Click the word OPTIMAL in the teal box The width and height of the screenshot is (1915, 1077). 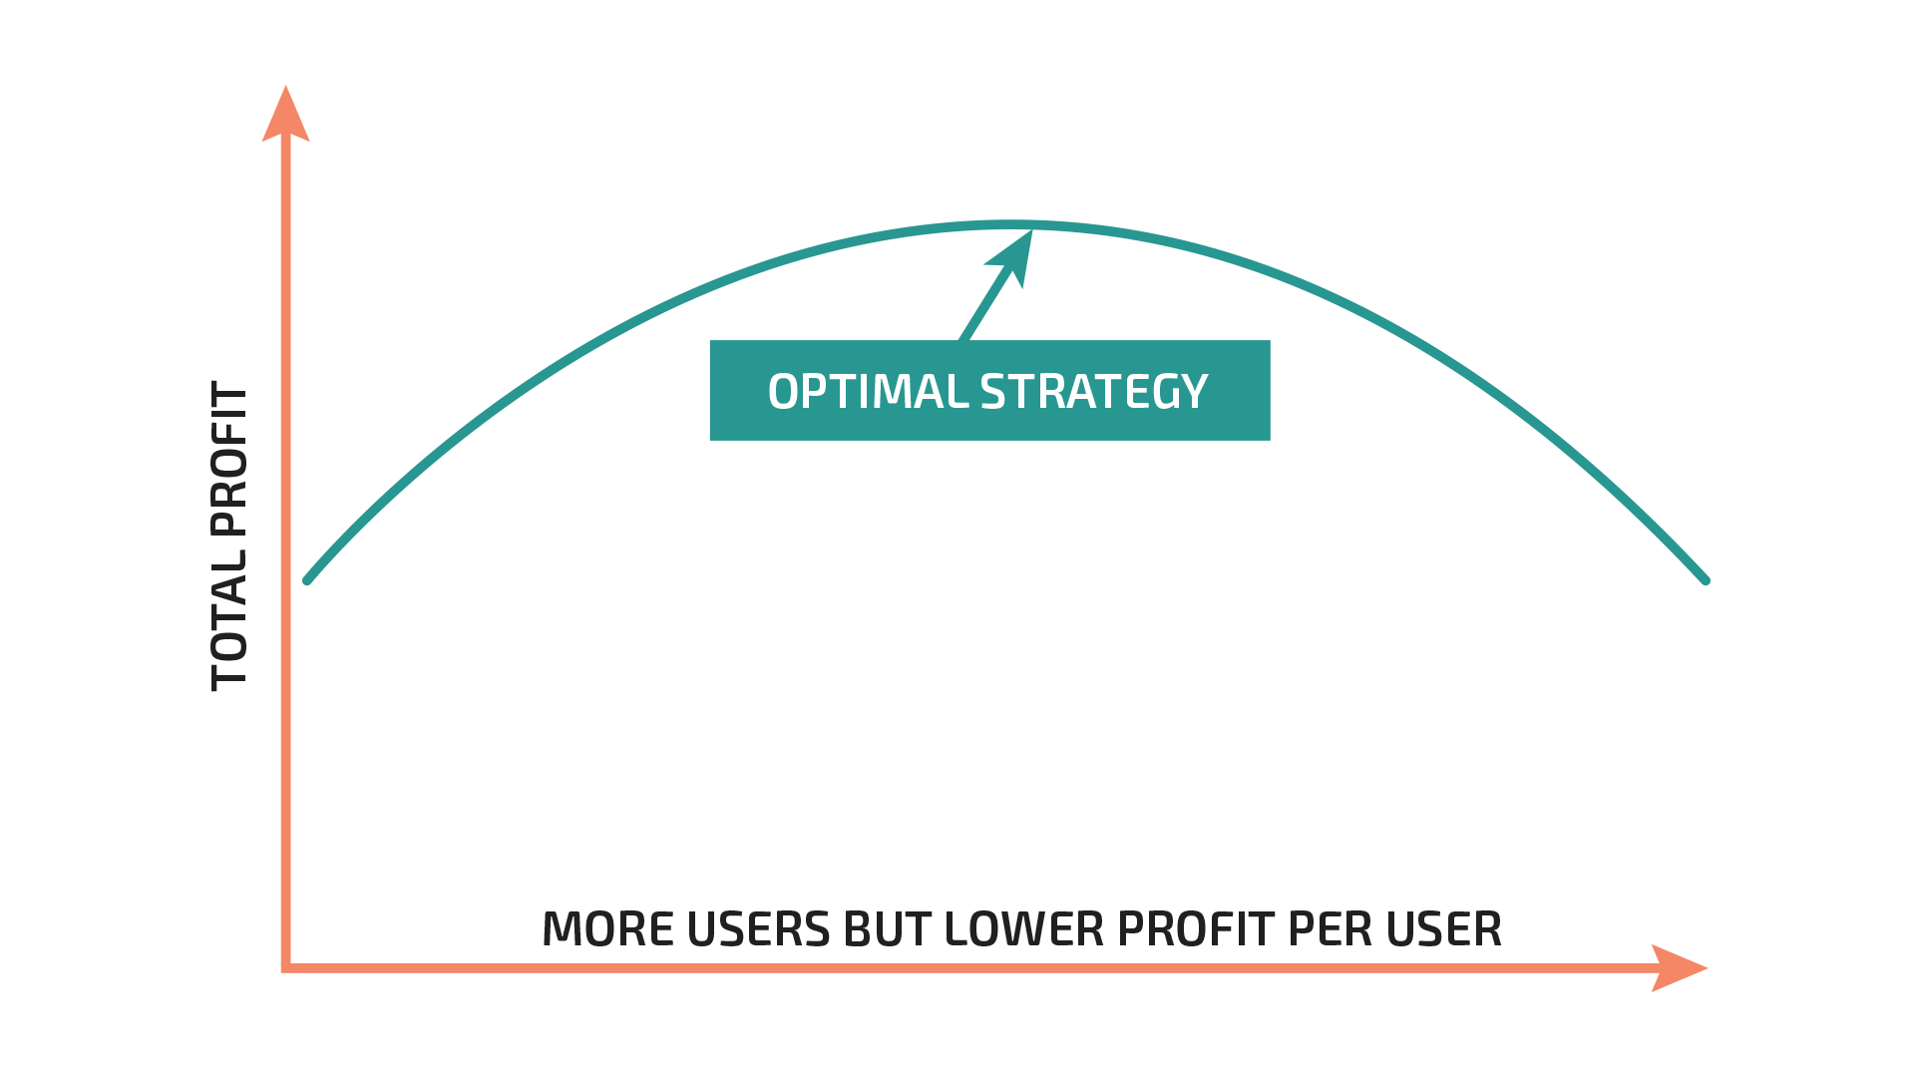coord(868,391)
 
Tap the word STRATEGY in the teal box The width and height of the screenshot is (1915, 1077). coord(1094,391)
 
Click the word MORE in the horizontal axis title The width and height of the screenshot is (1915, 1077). coord(608,929)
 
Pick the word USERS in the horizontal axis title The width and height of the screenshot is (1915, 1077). coord(759,929)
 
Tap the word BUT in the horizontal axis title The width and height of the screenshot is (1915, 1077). coord(888,929)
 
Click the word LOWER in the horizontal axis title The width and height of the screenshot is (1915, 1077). coord(1024,929)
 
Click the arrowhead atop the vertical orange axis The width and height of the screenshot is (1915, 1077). coord(286,114)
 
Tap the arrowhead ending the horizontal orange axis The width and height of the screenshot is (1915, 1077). coord(1680,967)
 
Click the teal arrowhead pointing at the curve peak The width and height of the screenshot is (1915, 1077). coord(1013,257)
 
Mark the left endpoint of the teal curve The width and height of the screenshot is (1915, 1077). coord(307,580)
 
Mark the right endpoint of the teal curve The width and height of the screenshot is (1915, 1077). coord(1706,580)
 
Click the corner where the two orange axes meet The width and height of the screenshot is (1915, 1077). coord(286,967)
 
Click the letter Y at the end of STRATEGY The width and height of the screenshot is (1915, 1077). coord(1193,391)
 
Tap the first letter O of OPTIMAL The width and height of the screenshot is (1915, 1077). coord(784,391)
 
